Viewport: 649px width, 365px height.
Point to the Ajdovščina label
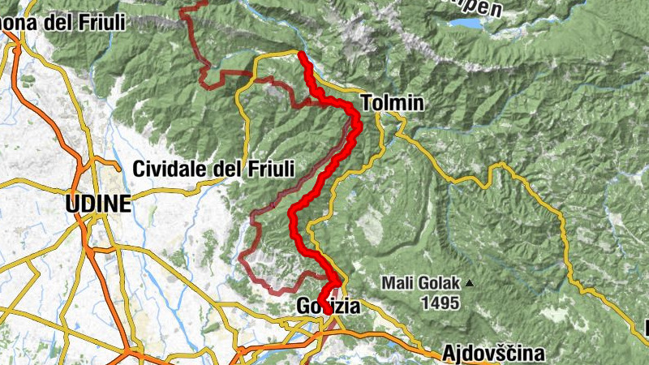[494, 354]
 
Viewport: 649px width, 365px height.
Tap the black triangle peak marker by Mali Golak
[469, 284]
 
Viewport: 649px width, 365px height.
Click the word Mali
[399, 284]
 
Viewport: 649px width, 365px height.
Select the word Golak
[440, 284]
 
